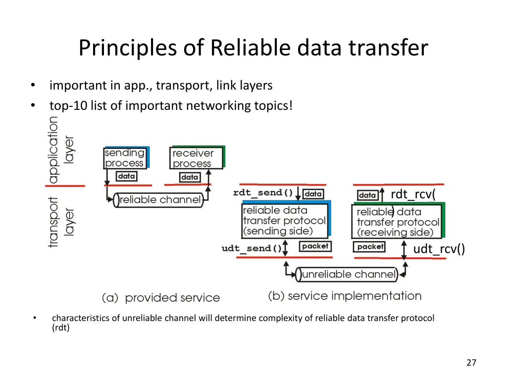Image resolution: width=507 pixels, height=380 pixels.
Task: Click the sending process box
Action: click(x=126, y=158)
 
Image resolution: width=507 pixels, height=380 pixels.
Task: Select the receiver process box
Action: click(x=197, y=158)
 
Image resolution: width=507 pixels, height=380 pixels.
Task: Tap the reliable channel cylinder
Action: click(x=158, y=200)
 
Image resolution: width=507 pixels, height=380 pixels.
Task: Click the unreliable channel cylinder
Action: click(x=347, y=274)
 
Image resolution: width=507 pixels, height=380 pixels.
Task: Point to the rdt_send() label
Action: click(x=263, y=193)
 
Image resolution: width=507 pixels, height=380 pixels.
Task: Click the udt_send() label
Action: click(x=252, y=248)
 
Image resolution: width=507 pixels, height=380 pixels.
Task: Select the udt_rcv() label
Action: click(x=439, y=249)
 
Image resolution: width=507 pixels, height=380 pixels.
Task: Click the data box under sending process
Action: click(x=126, y=176)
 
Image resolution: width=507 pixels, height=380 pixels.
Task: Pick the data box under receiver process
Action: click(x=190, y=177)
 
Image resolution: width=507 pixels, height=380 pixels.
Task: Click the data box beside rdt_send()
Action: click(x=313, y=194)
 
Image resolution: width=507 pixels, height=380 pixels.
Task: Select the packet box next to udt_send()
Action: click(x=315, y=246)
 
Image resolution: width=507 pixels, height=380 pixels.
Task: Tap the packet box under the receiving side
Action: click(x=369, y=247)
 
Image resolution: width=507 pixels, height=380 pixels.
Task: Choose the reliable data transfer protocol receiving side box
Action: click(x=398, y=221)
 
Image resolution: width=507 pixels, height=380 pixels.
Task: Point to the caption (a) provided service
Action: click(x=161, y=297)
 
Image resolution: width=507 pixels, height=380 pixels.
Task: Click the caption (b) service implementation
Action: click(x=345, y=296)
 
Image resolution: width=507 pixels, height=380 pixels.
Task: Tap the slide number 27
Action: click(x=471, y=363)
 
